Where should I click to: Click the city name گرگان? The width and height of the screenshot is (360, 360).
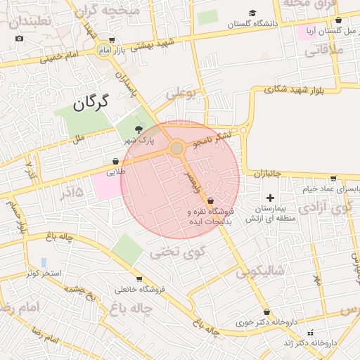[x=91, y=103]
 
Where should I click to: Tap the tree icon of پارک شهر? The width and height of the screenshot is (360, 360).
[x=138, y=129]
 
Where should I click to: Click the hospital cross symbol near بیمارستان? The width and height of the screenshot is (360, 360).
[x=269, y=198]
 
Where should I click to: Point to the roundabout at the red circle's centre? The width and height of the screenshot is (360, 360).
[x=177, y=148]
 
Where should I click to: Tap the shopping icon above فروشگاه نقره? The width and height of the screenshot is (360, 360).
[x=210, y=200]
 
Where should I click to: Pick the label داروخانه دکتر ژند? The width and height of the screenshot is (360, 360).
[x=308, y=342]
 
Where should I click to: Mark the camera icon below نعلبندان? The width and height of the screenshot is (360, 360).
[x=19, y=37]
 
